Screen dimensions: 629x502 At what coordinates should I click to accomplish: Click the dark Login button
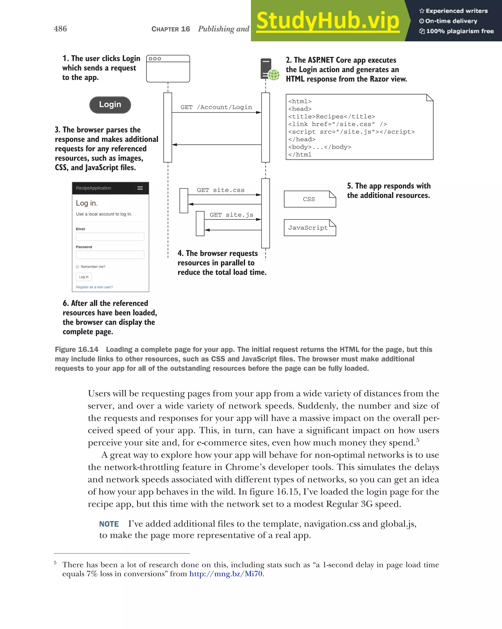[x=110, y=105]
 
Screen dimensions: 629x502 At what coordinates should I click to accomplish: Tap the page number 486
[x=60, y=29]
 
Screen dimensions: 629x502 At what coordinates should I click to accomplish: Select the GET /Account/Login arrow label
[x=216, y=107]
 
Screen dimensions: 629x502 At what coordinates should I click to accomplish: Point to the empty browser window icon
[x=168, y=69]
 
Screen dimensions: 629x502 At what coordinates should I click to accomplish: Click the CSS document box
[x=310, y=199]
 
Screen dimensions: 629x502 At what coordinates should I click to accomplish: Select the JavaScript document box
[x=310, y=228]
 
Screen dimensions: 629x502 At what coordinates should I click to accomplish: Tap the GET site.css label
[x=221, y=190]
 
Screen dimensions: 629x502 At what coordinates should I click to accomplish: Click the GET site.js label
[x=231, y=215]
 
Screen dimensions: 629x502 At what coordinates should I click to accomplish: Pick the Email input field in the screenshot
[x=110, y=237]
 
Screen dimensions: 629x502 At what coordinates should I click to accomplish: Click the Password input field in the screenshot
[x=110, y=255]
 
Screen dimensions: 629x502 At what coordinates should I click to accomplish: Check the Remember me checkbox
[x=78, y=267]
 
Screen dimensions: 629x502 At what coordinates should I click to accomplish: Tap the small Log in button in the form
[x=84, y=277]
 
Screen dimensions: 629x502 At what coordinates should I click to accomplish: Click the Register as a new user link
[x=94, y=287]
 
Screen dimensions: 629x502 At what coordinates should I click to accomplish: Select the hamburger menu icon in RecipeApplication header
[x=140, y=188]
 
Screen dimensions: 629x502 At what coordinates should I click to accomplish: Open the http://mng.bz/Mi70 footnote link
[x=226, y=574]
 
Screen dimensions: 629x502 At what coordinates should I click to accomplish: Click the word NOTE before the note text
[x=109, y=524]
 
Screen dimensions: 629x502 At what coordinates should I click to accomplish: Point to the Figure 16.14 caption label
[x=76, y=349]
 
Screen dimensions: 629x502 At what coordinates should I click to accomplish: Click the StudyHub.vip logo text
[x=327, y=21]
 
